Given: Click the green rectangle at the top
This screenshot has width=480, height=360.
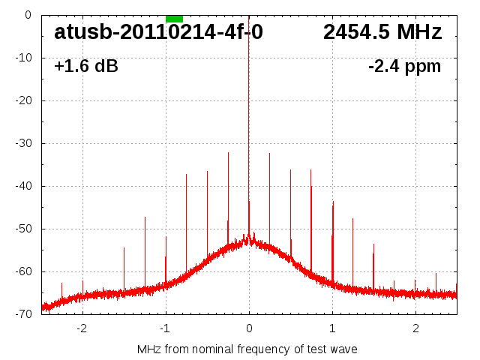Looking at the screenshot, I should (174, 18).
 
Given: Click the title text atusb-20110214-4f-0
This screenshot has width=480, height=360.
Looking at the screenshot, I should (158, 33).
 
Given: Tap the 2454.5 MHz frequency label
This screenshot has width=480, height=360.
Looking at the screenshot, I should (382, 33).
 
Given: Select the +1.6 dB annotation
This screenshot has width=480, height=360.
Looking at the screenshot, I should (86, 67).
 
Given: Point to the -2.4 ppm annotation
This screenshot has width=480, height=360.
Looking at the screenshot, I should (405, 67).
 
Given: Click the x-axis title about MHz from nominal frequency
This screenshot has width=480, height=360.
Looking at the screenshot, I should (247, 349).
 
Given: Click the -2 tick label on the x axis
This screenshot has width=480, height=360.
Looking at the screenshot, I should (81, 328).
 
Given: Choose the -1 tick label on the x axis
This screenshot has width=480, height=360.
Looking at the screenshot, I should (164, 328).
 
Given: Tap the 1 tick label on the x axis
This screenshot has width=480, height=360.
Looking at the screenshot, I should (332, 328).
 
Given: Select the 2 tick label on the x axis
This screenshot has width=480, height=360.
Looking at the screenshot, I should (415, 328).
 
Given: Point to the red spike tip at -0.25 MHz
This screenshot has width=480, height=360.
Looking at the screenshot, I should (228, 154).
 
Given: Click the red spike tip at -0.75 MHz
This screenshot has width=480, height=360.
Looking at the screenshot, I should (187, 175).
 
